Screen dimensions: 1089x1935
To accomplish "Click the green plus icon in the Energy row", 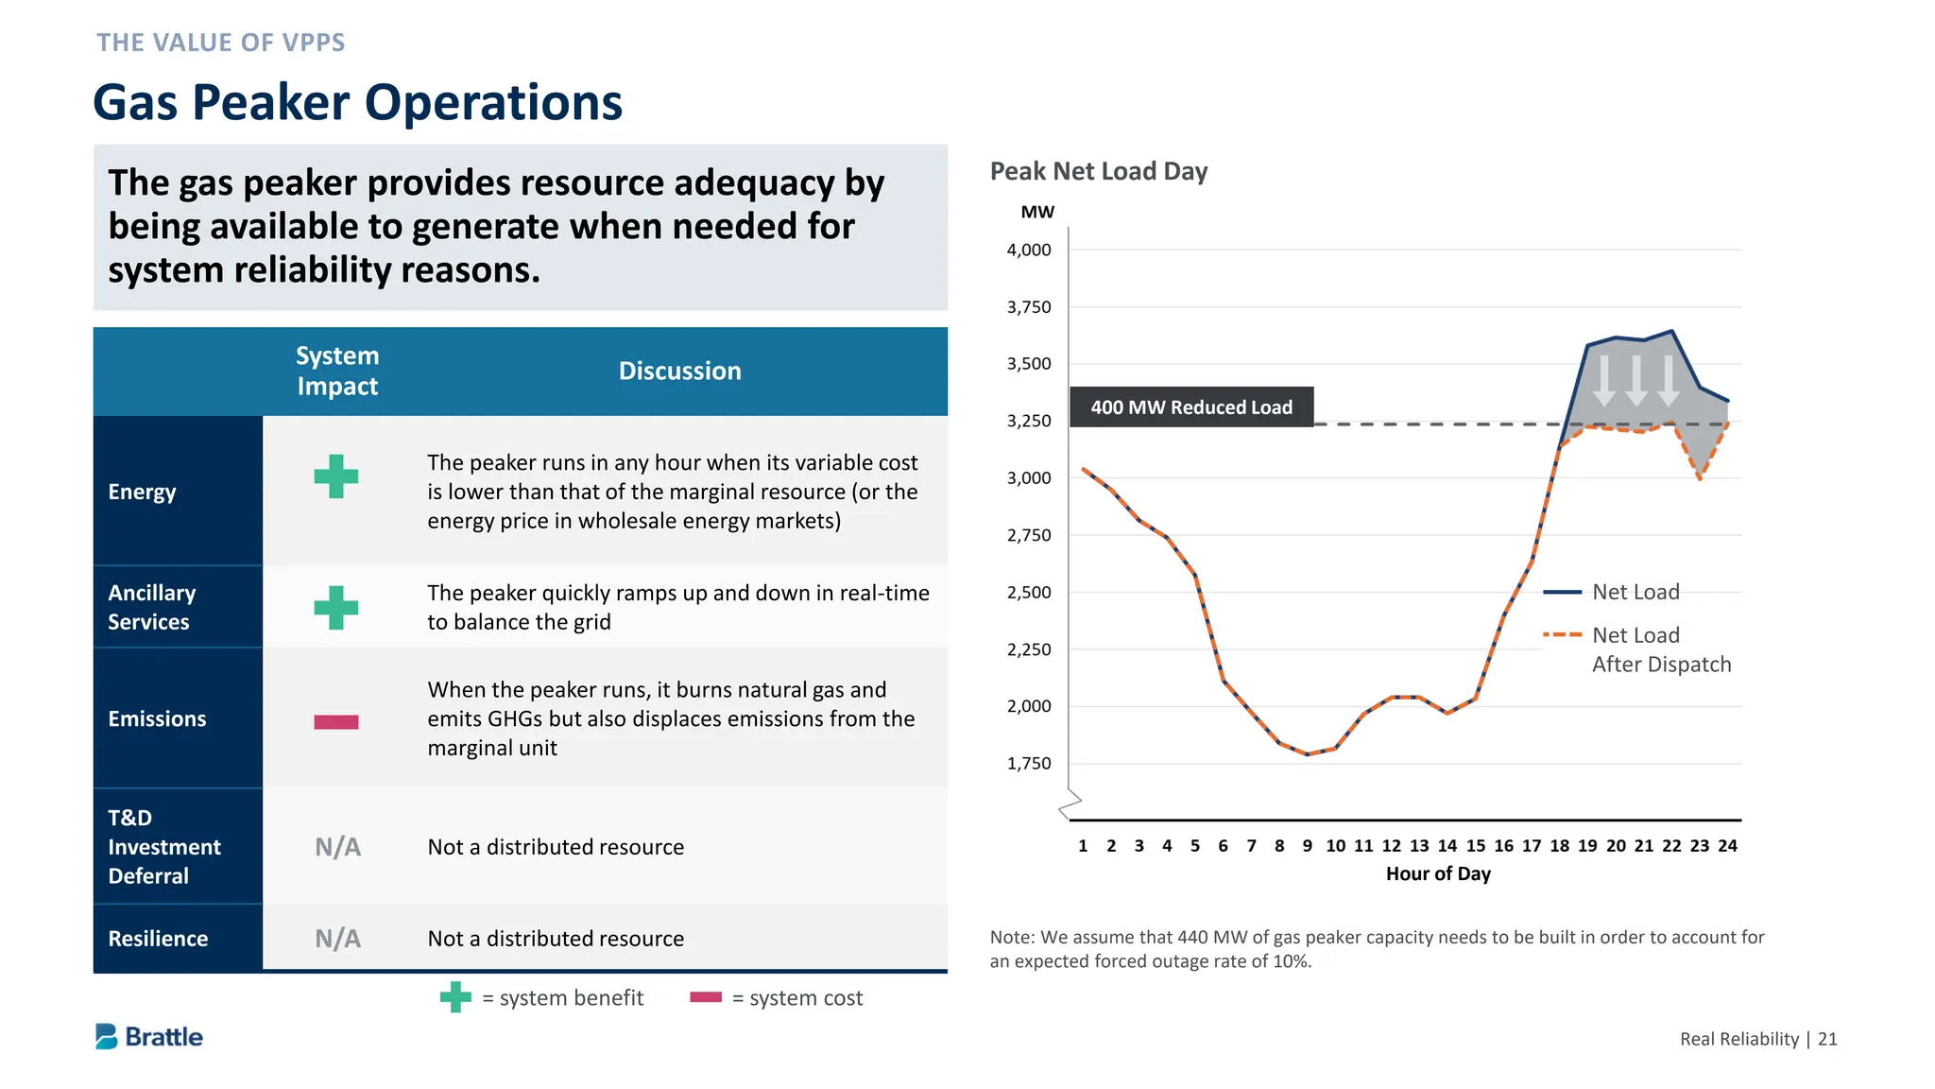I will (x=336, y=476).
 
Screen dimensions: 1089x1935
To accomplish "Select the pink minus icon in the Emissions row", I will (x=336, y=722).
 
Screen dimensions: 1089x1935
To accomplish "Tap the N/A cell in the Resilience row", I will (x=337, y=939).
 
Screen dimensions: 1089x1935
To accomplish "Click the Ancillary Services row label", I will (x=151, y=607).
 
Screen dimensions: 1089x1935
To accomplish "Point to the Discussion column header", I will (x=679, y=371).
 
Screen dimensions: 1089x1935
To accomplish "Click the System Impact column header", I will (x=337, y=371).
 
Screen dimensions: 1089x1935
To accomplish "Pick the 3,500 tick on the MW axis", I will (x=1028, y=364).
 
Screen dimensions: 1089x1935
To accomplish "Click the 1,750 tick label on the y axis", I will (x=1028, y=764).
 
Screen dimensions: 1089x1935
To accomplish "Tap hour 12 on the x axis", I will (x=1391, y=846).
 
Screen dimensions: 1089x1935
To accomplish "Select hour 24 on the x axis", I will (x=1727, y=846).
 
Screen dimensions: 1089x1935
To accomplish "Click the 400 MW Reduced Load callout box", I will (x=1190, y=407).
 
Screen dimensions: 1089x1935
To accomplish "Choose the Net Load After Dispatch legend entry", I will (x=1660, y=649).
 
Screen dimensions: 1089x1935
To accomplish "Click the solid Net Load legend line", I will (x=1562, y=593).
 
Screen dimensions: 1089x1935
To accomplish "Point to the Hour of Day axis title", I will (x=1437, y=874).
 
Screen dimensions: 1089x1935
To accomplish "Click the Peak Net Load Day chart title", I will (x=1098, y=171).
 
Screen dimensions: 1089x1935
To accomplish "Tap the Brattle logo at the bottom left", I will (x=149, y=1037).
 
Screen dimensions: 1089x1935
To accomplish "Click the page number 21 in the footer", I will (x=1827, y=1039).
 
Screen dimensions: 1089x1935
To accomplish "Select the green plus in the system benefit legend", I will (x=455, y=997).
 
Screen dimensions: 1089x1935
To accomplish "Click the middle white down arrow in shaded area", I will (x=1636, y=380).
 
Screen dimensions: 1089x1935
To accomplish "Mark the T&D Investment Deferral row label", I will (x=163, y=847).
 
